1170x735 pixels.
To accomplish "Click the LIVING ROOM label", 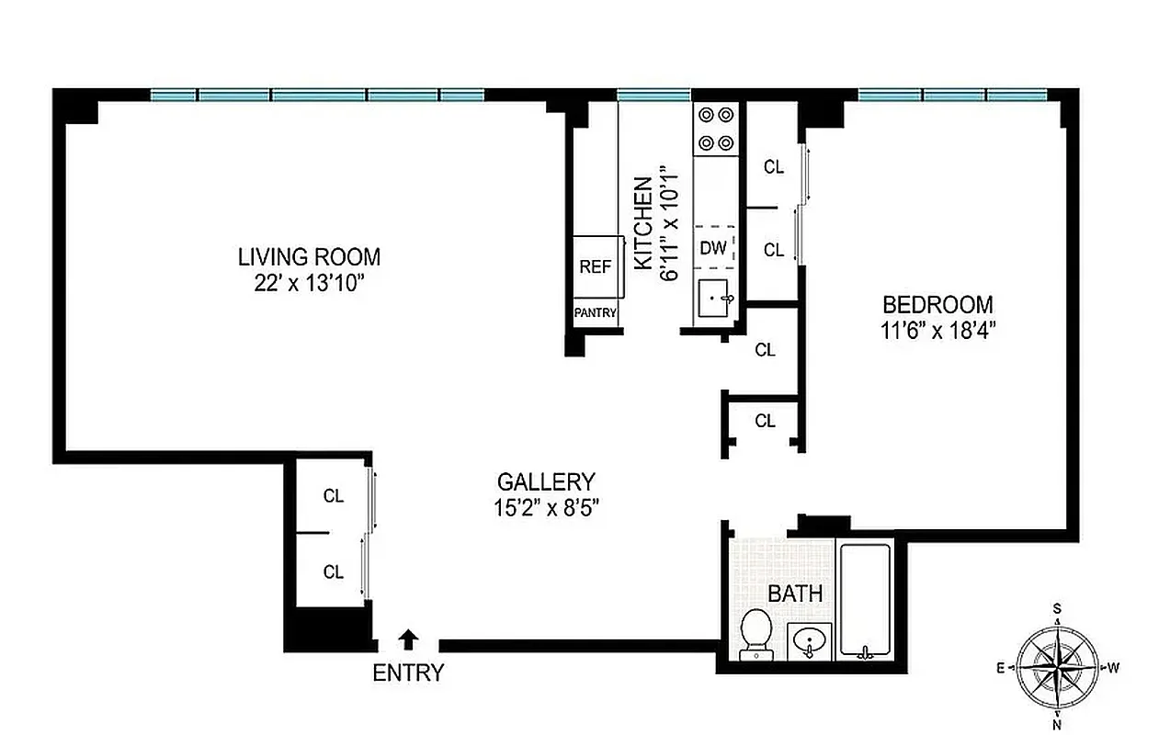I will pyautogui.click(x=309, y=257).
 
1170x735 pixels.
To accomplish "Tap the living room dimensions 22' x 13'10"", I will pyautogui.click(x=309, y=283).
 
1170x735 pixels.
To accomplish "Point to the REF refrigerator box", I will pyautogui.click(x=596, y=266).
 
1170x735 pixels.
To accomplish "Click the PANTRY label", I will pyautogui.click(x=595, y=313).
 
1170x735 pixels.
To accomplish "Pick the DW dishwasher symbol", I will pyautogui.click(x=714, y=246).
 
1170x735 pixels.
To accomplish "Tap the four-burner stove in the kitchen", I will pyautogui.click(x=716, y=129).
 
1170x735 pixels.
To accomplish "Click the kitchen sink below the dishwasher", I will pyautogui.click(x=716, y=300).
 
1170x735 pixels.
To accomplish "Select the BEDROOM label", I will pyautogui.click(x=937, y=305).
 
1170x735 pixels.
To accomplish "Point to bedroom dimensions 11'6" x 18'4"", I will pyautogui.click(x=937, y=331).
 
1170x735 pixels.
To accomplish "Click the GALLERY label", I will pyautogui.click(x=546, y=481).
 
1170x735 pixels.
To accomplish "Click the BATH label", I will pyautogui.click(x=795, y=594).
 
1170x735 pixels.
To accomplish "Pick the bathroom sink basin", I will pyautogui.click(x=810, y=640).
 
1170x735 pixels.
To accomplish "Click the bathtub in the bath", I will pyautogui.click(x=865, y=601).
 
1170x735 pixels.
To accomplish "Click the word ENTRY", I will pyautogui.click(x=408, y=673).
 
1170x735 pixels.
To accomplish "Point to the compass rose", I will pyautogui.click(x=1059, y=665).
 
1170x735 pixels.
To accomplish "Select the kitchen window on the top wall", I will pyautogui.click(x=653, y=95).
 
